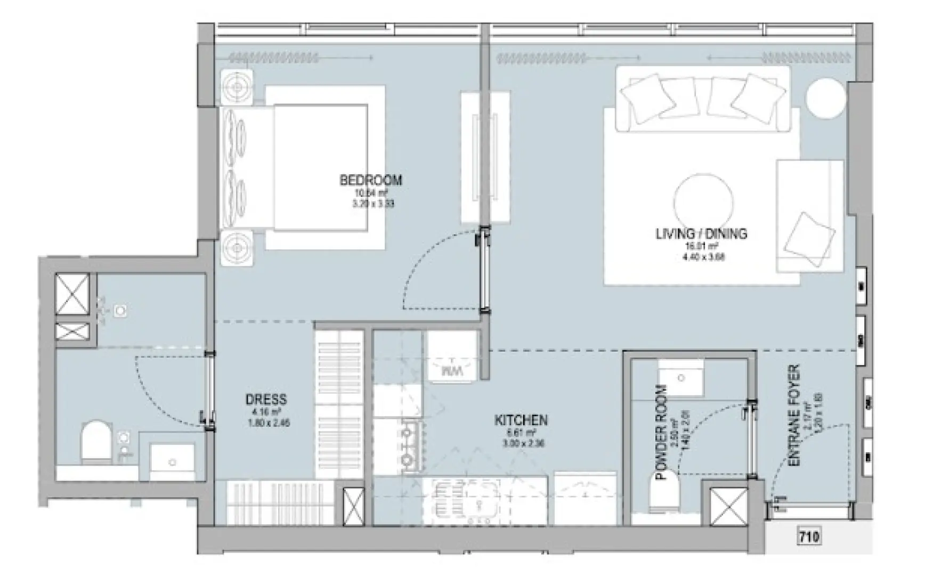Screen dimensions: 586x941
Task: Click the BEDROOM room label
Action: point(370,180)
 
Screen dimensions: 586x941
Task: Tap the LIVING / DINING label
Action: point(701,233)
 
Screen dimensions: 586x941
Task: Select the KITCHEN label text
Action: point(521,420)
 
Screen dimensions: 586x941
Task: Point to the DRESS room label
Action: point(266,400)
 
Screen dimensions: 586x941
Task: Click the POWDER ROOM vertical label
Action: point(661,433)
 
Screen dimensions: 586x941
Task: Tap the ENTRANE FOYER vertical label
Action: point(794,416)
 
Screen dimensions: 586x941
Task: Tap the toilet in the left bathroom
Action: point(95,441)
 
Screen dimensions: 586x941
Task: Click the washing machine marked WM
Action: point(451,369)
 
